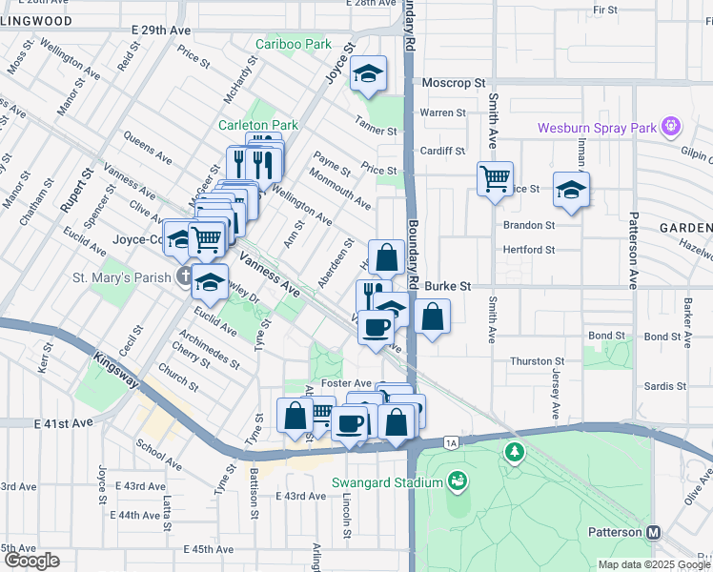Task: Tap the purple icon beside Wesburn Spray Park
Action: pyautogui.click(x=671, y=126)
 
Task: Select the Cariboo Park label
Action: pyautogui.click(x=292, y=45)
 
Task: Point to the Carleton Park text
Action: pyautogui.click(x=258, y=125)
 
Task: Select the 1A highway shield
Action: pyautogui.click(x=451, y=442)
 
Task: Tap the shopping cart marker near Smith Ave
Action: pyautogui.click(x=495, y=178)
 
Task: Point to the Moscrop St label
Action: pyautogui.click(x=447, y=83)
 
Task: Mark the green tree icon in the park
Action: pyautogui.click(x=515, y=451)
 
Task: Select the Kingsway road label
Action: pyautogui.click(x=117, y=371)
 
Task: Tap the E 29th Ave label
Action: pyautogui.click(x=161, y=31)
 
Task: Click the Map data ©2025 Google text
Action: pyautogui.click(x=654, y=564)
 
